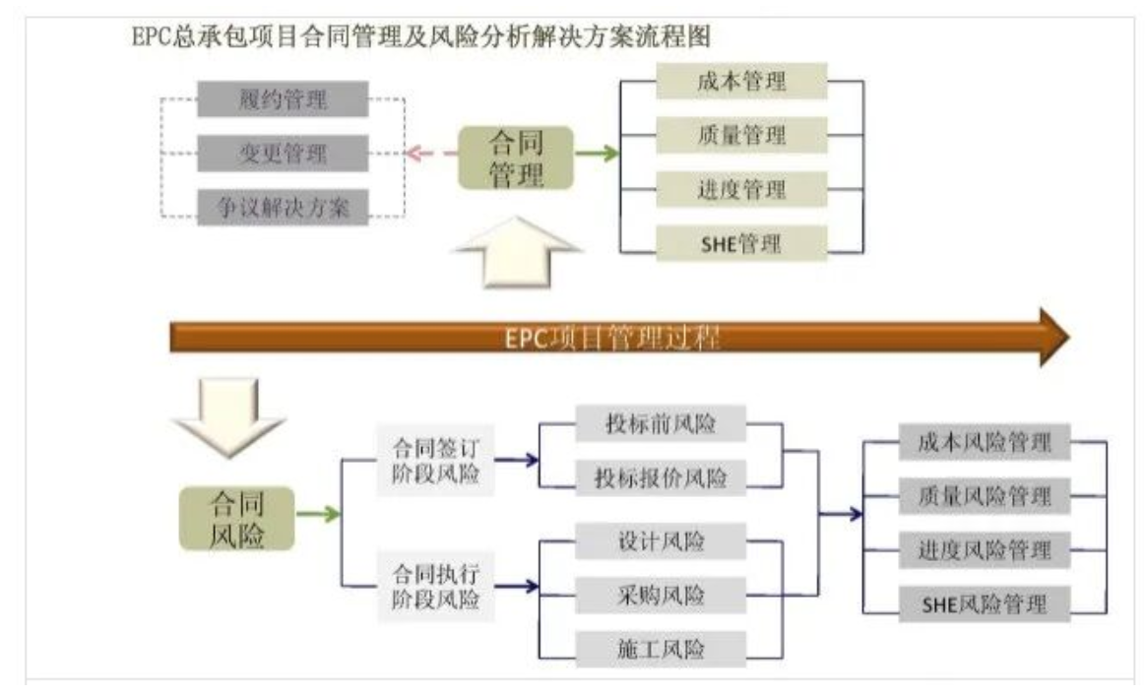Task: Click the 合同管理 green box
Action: point(516,154)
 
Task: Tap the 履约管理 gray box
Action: point(283,99)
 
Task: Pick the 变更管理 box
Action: point(283,154)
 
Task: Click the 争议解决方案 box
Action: point(283,208)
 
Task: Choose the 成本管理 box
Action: point(741,82)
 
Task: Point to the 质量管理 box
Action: point(741,135)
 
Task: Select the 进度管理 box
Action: point(741,188)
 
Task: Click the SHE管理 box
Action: point(741,243)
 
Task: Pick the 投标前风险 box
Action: point(661,425)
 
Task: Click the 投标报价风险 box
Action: point(661,478)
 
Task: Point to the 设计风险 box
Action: point(661,540)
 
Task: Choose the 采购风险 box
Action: point(661,595)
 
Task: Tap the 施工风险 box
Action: point(661,649)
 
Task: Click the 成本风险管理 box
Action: point(984,444)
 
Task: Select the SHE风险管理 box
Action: point(984,602)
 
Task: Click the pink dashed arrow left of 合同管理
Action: point(427,154)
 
